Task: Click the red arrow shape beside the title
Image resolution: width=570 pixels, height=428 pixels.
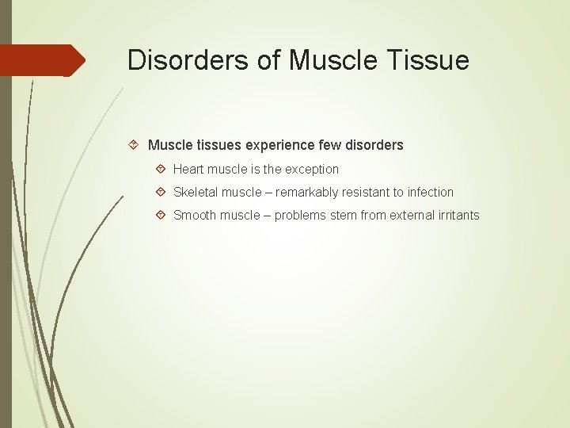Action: point(43,60)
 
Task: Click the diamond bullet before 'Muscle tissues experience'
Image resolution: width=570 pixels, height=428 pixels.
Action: point(134,145)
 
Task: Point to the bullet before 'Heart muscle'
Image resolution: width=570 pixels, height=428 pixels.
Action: point(161,169)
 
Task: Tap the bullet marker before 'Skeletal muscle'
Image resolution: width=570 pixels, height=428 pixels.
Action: point(161,192)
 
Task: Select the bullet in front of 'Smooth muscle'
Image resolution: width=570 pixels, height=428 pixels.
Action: point(161,215)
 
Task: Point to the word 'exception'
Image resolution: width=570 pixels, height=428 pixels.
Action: point(310,169)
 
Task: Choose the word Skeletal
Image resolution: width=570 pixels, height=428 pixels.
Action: point(196,192)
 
